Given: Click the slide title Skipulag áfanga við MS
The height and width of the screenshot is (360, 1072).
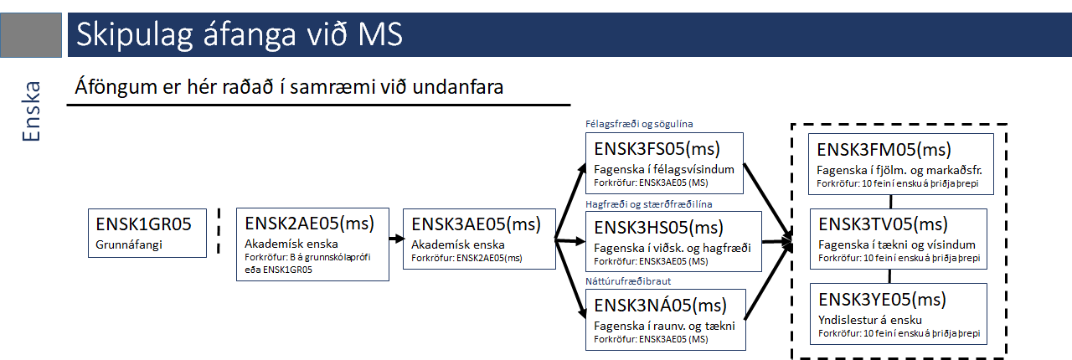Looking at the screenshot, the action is tap(240, 35).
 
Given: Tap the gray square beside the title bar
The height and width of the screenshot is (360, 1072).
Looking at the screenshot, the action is tap(31, 35).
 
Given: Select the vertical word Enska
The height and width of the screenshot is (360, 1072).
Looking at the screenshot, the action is tap(32, 111).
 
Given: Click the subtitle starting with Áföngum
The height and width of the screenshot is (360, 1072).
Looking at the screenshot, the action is tap(289, 87).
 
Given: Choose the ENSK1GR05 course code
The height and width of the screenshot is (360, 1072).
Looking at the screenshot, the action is tap(143, 224).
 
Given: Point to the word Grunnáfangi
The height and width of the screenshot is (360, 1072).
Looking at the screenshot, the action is tap(129, 244).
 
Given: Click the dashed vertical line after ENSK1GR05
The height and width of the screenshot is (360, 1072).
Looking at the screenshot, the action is tap(219, 231).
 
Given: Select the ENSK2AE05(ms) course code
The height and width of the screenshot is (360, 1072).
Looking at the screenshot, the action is tap(309, 224).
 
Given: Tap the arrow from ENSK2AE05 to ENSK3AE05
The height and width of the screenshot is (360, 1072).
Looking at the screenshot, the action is tap(397, 239).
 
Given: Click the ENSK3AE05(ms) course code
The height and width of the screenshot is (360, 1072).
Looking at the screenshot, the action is tap(477, 224).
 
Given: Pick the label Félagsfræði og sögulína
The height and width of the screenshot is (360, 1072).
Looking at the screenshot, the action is tap(639, 124).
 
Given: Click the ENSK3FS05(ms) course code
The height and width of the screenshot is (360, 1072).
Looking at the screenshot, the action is tap(657, 149).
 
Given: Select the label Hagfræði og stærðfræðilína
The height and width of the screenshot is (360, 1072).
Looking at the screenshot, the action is tap(648, 204).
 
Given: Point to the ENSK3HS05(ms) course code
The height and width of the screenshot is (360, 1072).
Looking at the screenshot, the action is tap(658, 228).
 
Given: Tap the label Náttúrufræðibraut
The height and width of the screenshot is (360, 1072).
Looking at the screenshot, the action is tap(628, 281).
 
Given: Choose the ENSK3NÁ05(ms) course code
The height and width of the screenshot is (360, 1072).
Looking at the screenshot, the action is tap(661, 305).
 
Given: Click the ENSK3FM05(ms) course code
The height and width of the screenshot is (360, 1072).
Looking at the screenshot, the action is tap(884, 150).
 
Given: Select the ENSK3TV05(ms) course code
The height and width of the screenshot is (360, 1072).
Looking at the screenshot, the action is tap(883, 224).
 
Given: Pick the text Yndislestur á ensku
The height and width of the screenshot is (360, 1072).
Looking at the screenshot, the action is tap(870, 320).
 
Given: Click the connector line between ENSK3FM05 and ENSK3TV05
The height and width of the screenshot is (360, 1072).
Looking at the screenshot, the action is tap(890, 202).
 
